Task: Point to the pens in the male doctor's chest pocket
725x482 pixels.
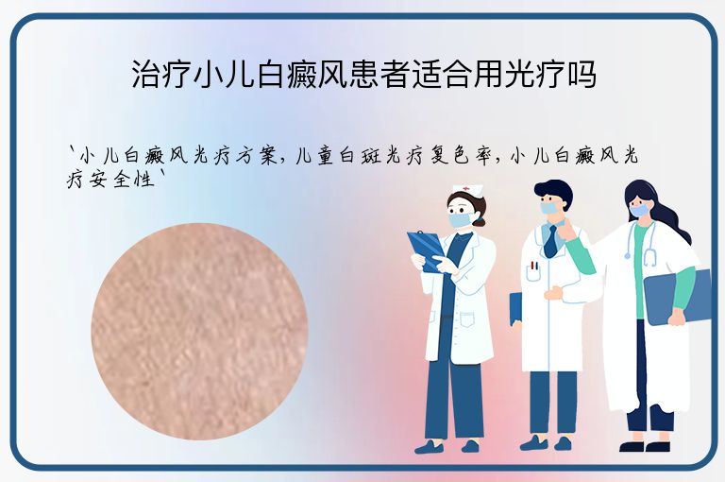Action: (534, 267)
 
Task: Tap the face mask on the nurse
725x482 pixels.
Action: (460, 218)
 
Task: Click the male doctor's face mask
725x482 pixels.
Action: (550, 207)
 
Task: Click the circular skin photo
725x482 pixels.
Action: (199, 332)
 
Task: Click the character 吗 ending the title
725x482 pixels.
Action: (582, 75)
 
